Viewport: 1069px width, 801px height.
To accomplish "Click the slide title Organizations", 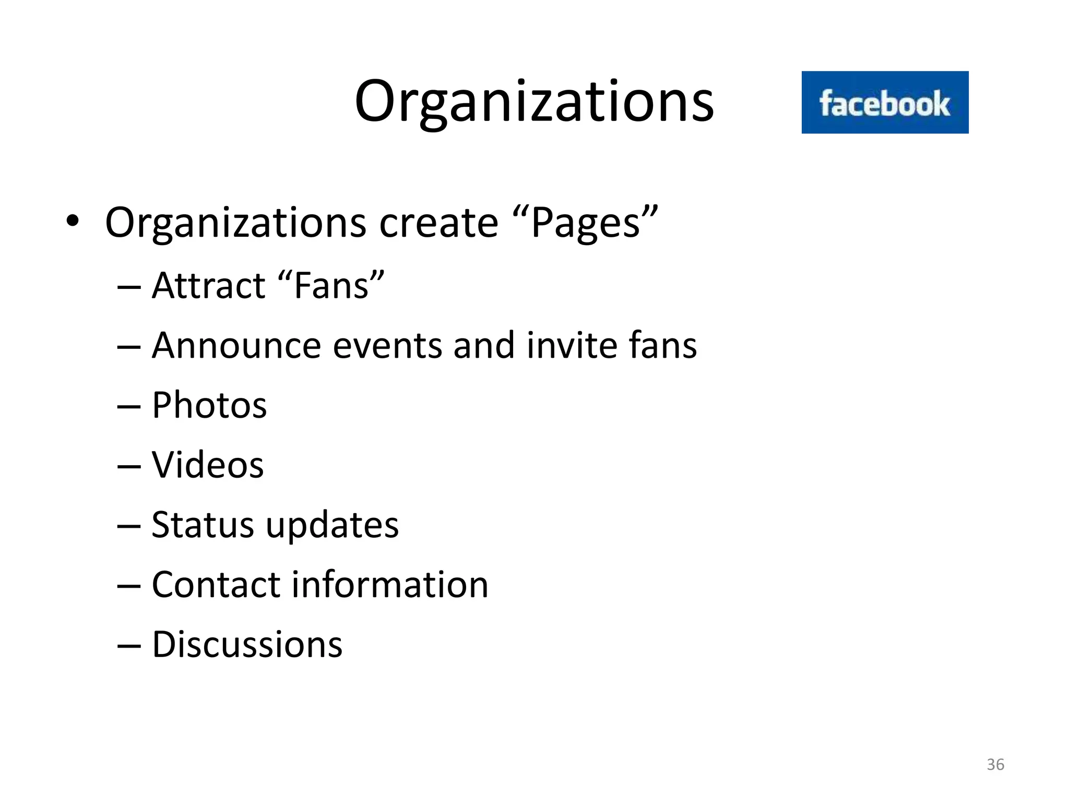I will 534,102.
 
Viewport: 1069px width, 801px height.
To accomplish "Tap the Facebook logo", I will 885,103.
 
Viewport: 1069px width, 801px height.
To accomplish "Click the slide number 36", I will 995,764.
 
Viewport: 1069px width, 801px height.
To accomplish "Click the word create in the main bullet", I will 438,223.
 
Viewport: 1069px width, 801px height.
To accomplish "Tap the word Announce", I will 236,346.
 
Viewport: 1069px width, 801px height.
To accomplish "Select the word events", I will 387,347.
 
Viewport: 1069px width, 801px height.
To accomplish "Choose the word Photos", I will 209,406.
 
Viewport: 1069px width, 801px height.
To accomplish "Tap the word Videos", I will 208,465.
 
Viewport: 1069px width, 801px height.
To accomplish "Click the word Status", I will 203,525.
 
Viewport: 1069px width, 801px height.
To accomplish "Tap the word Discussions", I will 247,645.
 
